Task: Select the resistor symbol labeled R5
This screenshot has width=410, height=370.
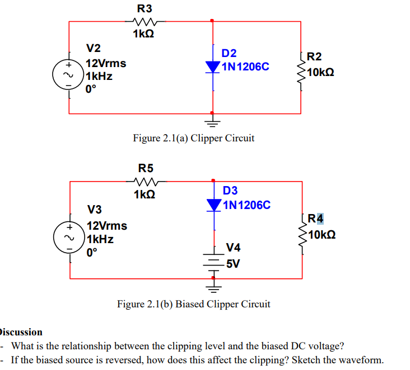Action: click(x=146, y=181)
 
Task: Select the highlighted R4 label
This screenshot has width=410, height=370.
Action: click(x=315, y=219)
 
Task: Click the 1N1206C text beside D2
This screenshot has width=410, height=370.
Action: click(x=245, y=67)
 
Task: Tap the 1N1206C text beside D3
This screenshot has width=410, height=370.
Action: click(x=246, y=205)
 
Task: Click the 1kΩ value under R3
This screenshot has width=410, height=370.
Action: click(x=144, y=35)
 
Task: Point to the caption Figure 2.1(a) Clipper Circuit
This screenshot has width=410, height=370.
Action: click(x=193, y=138)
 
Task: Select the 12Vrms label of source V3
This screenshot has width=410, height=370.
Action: click(x=106, y=226)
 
